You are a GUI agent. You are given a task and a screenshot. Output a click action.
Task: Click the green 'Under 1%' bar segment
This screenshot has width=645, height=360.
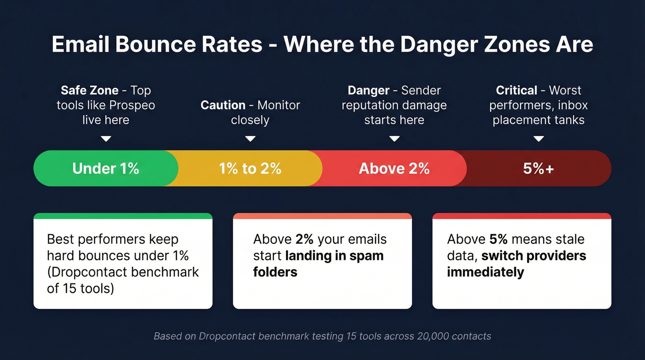pos(106,168)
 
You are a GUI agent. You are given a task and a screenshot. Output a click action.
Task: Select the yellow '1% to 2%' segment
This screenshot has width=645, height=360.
pos(250,168)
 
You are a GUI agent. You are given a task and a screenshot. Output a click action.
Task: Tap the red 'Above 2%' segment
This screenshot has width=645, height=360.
pos(394,168)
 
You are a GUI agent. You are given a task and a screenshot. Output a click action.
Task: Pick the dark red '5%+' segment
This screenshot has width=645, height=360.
pos(538,168)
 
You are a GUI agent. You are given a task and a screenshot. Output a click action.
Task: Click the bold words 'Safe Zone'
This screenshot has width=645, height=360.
pos(90,90)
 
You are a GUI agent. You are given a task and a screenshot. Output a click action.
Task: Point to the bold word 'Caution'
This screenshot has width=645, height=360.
pos(223,105)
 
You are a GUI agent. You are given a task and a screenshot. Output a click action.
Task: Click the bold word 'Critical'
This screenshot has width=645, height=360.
pos(516,90)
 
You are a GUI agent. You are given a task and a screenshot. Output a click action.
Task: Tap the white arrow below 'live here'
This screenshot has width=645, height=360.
pos(106,138)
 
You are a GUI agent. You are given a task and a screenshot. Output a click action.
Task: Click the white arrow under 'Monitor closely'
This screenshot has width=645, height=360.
pos(250,138)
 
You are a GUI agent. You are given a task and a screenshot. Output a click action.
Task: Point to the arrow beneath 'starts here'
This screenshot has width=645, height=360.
pos(394,138)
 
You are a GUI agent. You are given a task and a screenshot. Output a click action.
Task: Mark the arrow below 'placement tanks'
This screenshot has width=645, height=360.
pos(539,138)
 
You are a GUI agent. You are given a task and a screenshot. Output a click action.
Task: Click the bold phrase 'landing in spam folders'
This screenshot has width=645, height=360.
pos(334,256)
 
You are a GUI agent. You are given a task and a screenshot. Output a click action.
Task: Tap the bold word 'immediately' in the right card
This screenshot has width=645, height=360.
pos(485,272)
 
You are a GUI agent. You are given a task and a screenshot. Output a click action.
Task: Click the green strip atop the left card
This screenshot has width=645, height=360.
pos(123,216)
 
